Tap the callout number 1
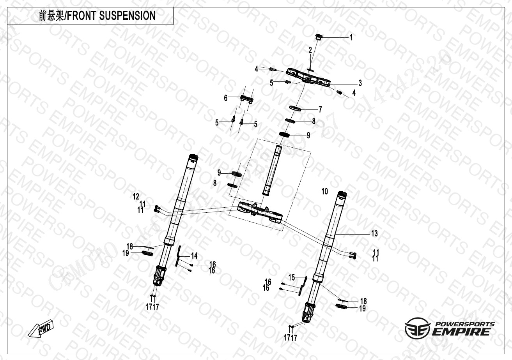point(351,38)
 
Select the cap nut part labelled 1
point(319,37)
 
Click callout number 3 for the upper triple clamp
point(360,83)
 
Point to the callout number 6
point(225,98)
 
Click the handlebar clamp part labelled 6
point(246,99)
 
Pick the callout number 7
point(320,109)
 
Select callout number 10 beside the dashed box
point(324,191)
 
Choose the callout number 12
point(136,196)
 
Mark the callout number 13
point(374,234)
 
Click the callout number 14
point(194,256)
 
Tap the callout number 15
point(291,277)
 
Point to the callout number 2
point(310,50)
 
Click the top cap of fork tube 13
point(342,194)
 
